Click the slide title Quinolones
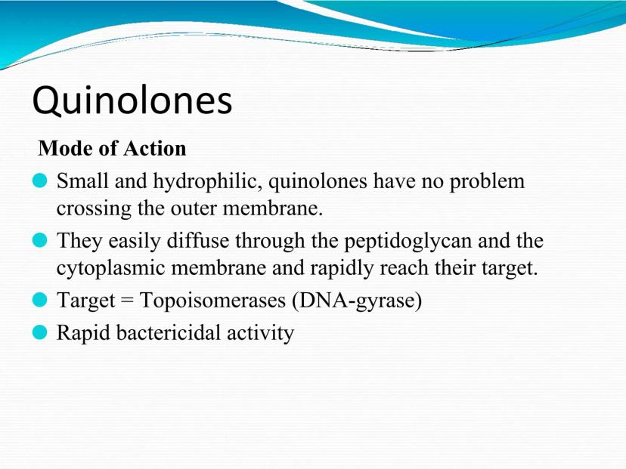[x=132, y=100]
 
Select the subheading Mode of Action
[x=112, y=148]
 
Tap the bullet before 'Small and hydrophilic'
[x=39, y=181]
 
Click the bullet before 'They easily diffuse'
[x=39, y=240]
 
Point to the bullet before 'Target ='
[x=39, y=300]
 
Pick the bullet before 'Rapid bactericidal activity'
[x=39, y=332]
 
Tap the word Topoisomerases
[x=212, y=301]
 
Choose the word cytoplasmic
[x=110, y=268]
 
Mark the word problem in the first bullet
[x=487, y=182]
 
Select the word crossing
[x=94, y=209]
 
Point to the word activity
[x=260, y=333]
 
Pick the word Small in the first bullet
[x=82, y=181]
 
